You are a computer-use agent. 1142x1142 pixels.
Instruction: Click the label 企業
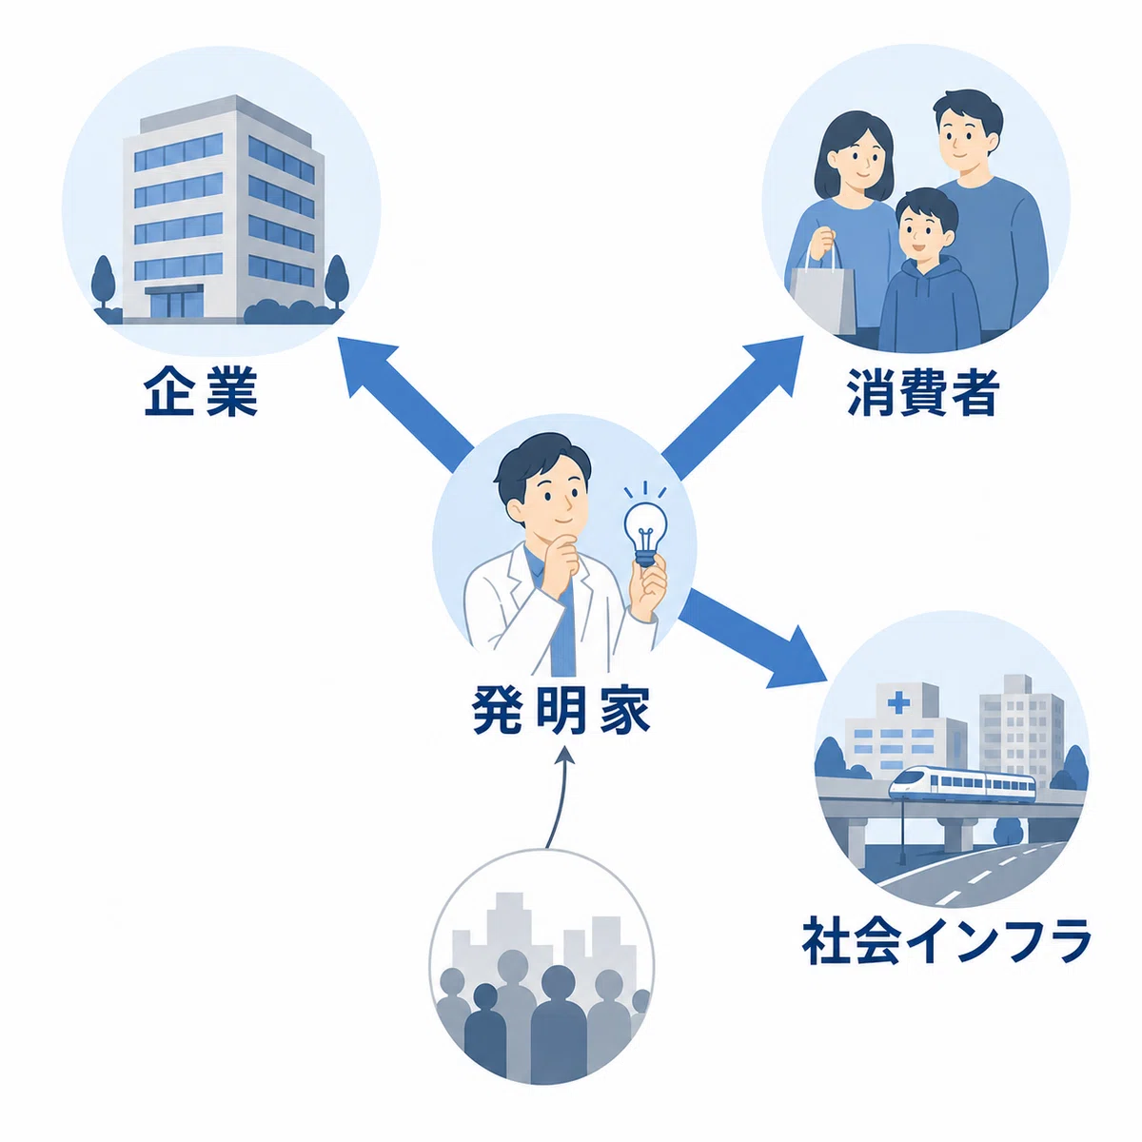coord(200,392)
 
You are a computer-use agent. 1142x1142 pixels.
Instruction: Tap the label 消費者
coord(923,392)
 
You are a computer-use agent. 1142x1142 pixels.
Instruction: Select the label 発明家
coord(561,710)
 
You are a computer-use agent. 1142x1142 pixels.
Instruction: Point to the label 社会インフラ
coord(946,942)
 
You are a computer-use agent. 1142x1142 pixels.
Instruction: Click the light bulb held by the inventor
coord(645,533)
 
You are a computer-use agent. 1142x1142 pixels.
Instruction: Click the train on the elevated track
coord(962,782)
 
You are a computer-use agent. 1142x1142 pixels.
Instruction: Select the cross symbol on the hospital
coord(898,703)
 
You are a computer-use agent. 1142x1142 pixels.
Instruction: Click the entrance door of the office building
coord(173,304)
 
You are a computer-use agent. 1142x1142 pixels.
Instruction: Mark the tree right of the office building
coord(337,282)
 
